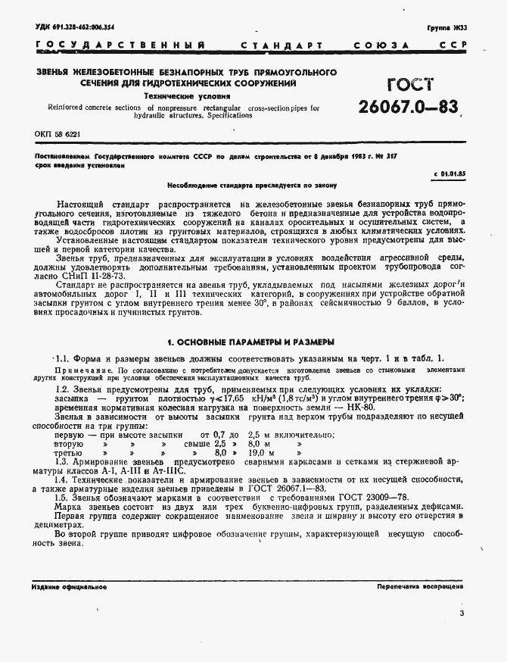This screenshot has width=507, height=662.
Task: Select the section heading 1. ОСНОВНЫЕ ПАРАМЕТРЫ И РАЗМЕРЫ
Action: tap(250, 342)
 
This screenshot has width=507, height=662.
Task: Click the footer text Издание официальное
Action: tap(70, 587)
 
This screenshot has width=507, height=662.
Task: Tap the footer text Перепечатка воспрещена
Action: tap(420, 587)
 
